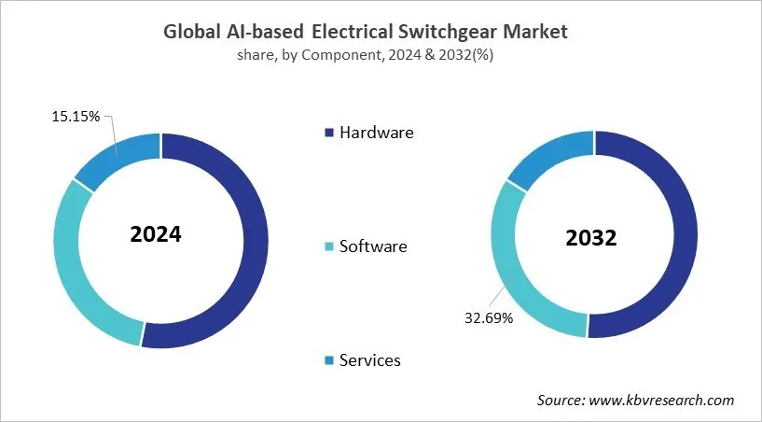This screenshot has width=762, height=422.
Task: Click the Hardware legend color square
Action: pyautogui.click(x=329, y=133)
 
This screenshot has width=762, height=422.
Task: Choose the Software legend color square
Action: pyautogui.click(x=329, y=247)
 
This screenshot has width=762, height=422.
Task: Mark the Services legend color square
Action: pyautogui.click(x=329, y=360)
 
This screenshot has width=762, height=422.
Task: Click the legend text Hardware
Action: pyautogui.click(x=376, y=133)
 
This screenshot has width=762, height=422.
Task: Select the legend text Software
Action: pyautogui.click(x=373, y=246)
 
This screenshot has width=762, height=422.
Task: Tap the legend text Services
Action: pyautogui.click(x=370, y=360)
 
